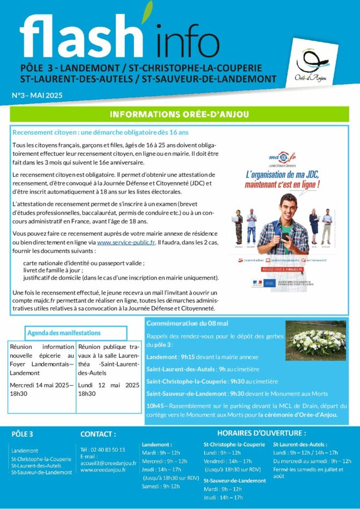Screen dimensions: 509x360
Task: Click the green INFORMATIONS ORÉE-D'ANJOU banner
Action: coord(180,114)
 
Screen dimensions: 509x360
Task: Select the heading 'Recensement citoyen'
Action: coord(100,132)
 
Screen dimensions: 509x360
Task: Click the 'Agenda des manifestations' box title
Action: coord(64,333)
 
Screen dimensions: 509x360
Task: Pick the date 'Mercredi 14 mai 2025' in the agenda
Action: coord(40,385)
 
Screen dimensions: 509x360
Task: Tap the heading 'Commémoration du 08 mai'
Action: coord(187,324)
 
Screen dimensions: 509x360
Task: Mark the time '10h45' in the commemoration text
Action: coord(155,406)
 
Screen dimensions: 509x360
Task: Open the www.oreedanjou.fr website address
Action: coord(103,470)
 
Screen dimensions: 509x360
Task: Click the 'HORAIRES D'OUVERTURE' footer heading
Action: coord(261,433)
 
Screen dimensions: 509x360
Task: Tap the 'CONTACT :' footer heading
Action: coord(98,434)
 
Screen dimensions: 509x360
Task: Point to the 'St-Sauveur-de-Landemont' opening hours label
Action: coord(235,481)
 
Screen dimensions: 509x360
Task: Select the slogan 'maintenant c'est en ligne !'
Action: coord(282,185)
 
